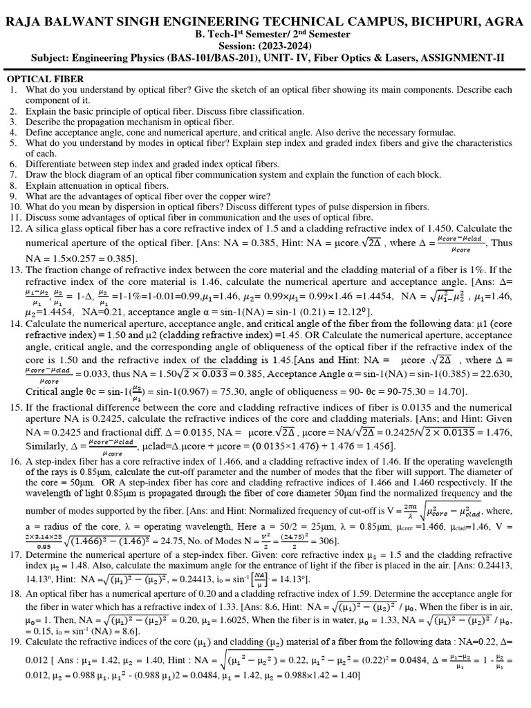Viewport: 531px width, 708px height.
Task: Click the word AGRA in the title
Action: click(x=504, y=22)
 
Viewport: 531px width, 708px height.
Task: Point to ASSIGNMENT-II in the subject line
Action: click(x=461, y=57)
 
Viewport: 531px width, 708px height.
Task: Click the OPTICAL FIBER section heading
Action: click(x=45, y=80)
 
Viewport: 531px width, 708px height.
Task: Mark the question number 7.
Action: click(x=12, y=174)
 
